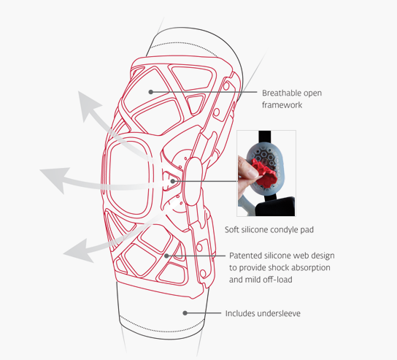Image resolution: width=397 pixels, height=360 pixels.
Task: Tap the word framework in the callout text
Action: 282,105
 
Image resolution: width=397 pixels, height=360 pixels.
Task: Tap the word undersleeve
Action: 279,313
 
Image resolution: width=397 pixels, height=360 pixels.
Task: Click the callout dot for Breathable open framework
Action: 150,92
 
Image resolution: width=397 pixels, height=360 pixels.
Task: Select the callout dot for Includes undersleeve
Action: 185,313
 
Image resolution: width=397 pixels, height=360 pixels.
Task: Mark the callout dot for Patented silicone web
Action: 166,256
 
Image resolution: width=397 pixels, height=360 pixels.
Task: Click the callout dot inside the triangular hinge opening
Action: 173,181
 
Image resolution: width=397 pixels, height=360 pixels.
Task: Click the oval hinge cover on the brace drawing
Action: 193,181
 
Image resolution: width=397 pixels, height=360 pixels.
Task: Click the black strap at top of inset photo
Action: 265,137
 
